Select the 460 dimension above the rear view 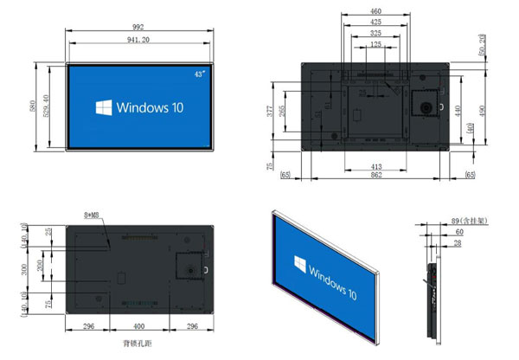(x=376, y=10)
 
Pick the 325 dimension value (x=375, y=33)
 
